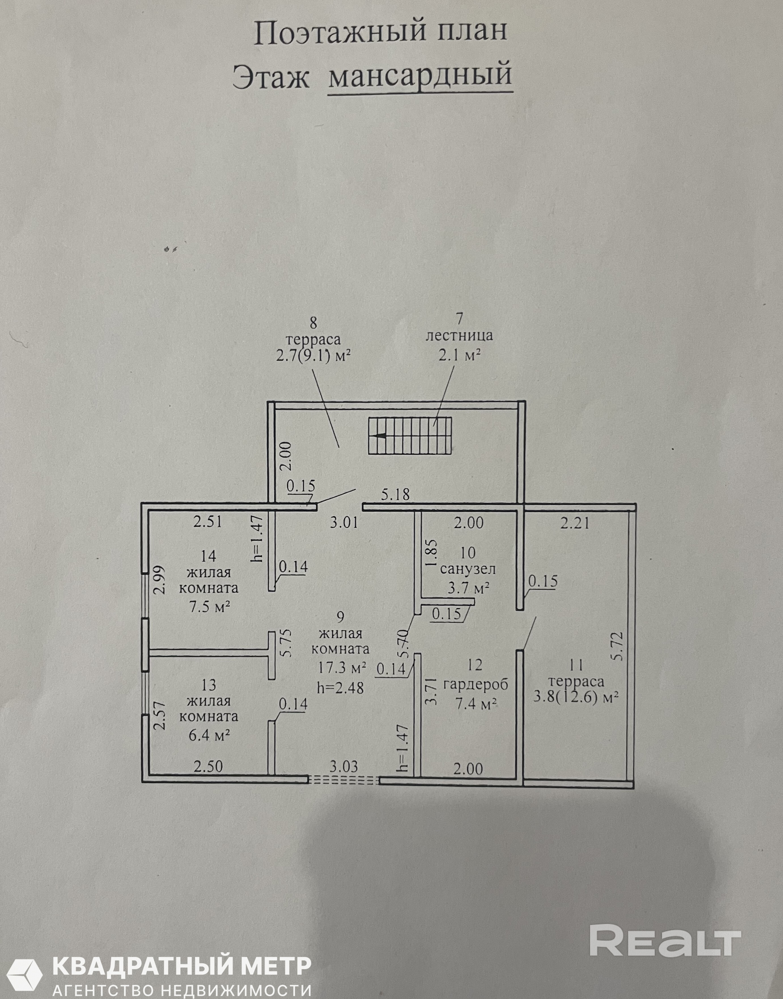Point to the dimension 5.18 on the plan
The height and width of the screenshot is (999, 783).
pos(395,494)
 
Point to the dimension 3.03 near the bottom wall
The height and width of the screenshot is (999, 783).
pos(344,766)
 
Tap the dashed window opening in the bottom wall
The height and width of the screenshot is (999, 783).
pos(344,779)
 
